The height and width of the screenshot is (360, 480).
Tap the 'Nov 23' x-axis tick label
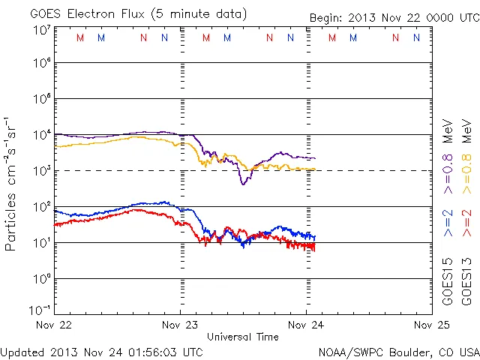pos(181,325)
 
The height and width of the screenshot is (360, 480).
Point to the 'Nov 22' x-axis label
pos(55,325)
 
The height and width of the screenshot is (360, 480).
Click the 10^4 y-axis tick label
pos(40,135)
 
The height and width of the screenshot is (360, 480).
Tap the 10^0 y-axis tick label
pos(40,279)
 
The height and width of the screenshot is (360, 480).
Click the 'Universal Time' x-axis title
pos(243,337)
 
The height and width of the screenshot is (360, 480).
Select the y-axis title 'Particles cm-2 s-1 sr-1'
pos(11,183)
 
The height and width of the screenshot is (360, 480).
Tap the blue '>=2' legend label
pos(448,223)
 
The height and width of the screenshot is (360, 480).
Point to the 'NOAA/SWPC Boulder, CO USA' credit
pos(398,352)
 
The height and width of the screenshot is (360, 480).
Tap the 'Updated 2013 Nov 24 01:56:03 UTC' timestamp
pos(101,352)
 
